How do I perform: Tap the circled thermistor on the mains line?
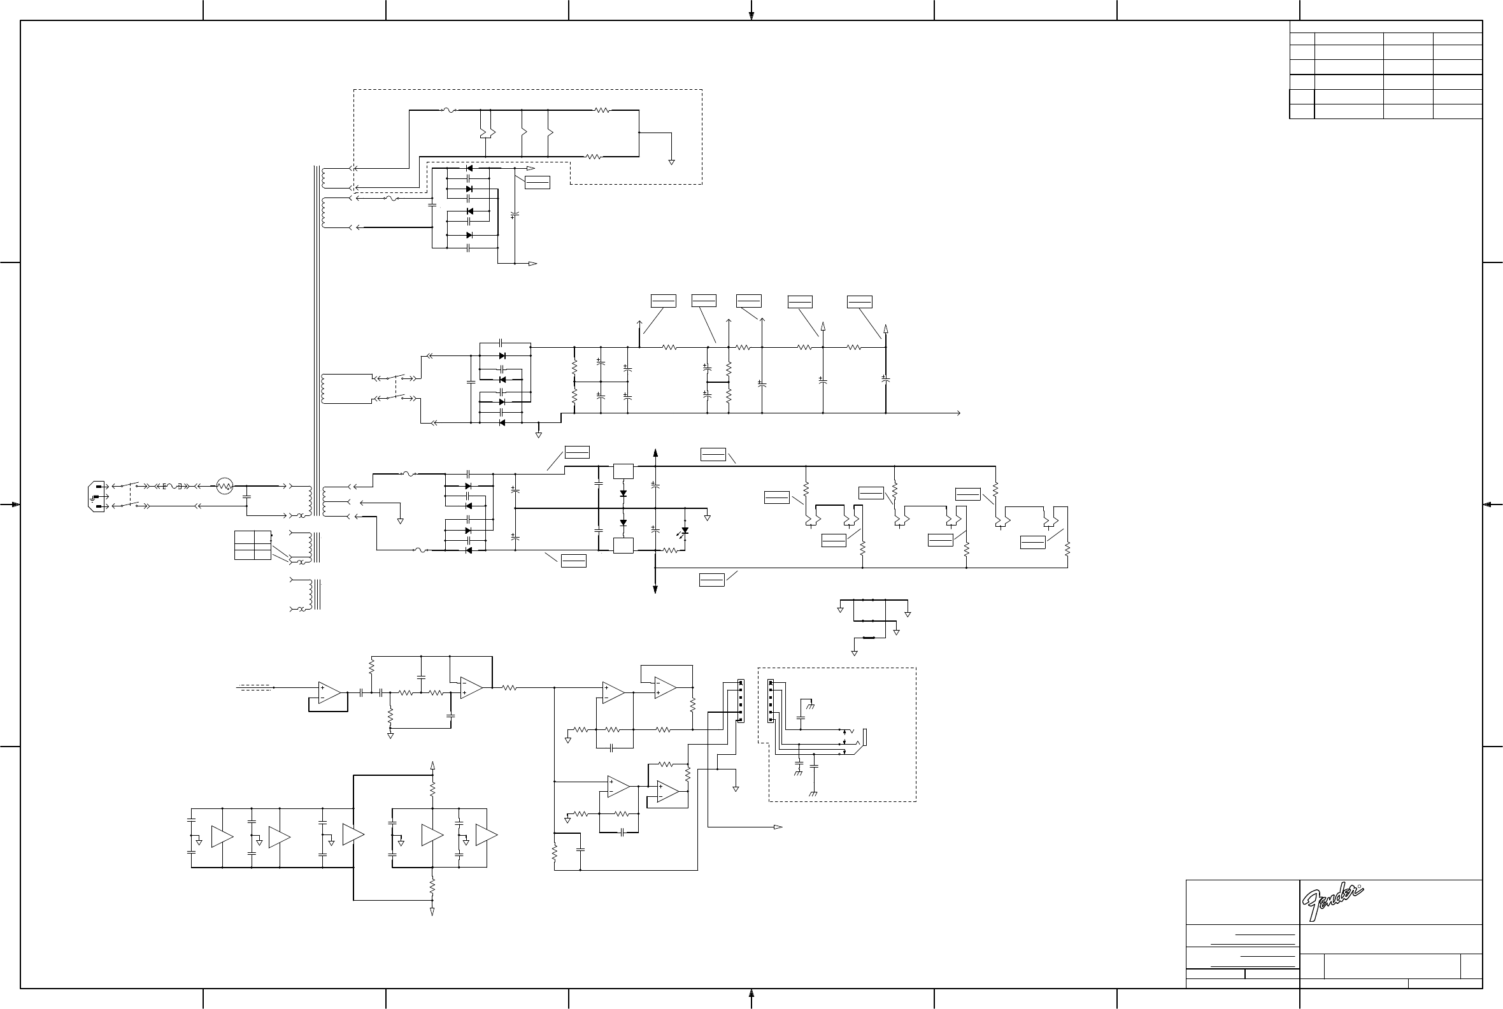224,486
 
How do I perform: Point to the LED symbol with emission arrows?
684,531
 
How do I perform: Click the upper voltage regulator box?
623,471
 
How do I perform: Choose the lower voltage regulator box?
623,546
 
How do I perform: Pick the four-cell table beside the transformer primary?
252,545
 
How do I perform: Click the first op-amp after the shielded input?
329,692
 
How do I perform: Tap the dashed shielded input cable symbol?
255,687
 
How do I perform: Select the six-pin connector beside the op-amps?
740,701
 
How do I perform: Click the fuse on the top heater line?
448,111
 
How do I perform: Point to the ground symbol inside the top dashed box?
671,162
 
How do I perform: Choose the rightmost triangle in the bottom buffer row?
486,835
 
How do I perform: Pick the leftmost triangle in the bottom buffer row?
222,836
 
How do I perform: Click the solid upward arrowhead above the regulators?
655,453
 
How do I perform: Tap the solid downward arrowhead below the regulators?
655,589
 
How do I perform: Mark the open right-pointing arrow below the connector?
778,827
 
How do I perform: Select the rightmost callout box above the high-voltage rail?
859,302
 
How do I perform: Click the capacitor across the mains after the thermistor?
246,496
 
